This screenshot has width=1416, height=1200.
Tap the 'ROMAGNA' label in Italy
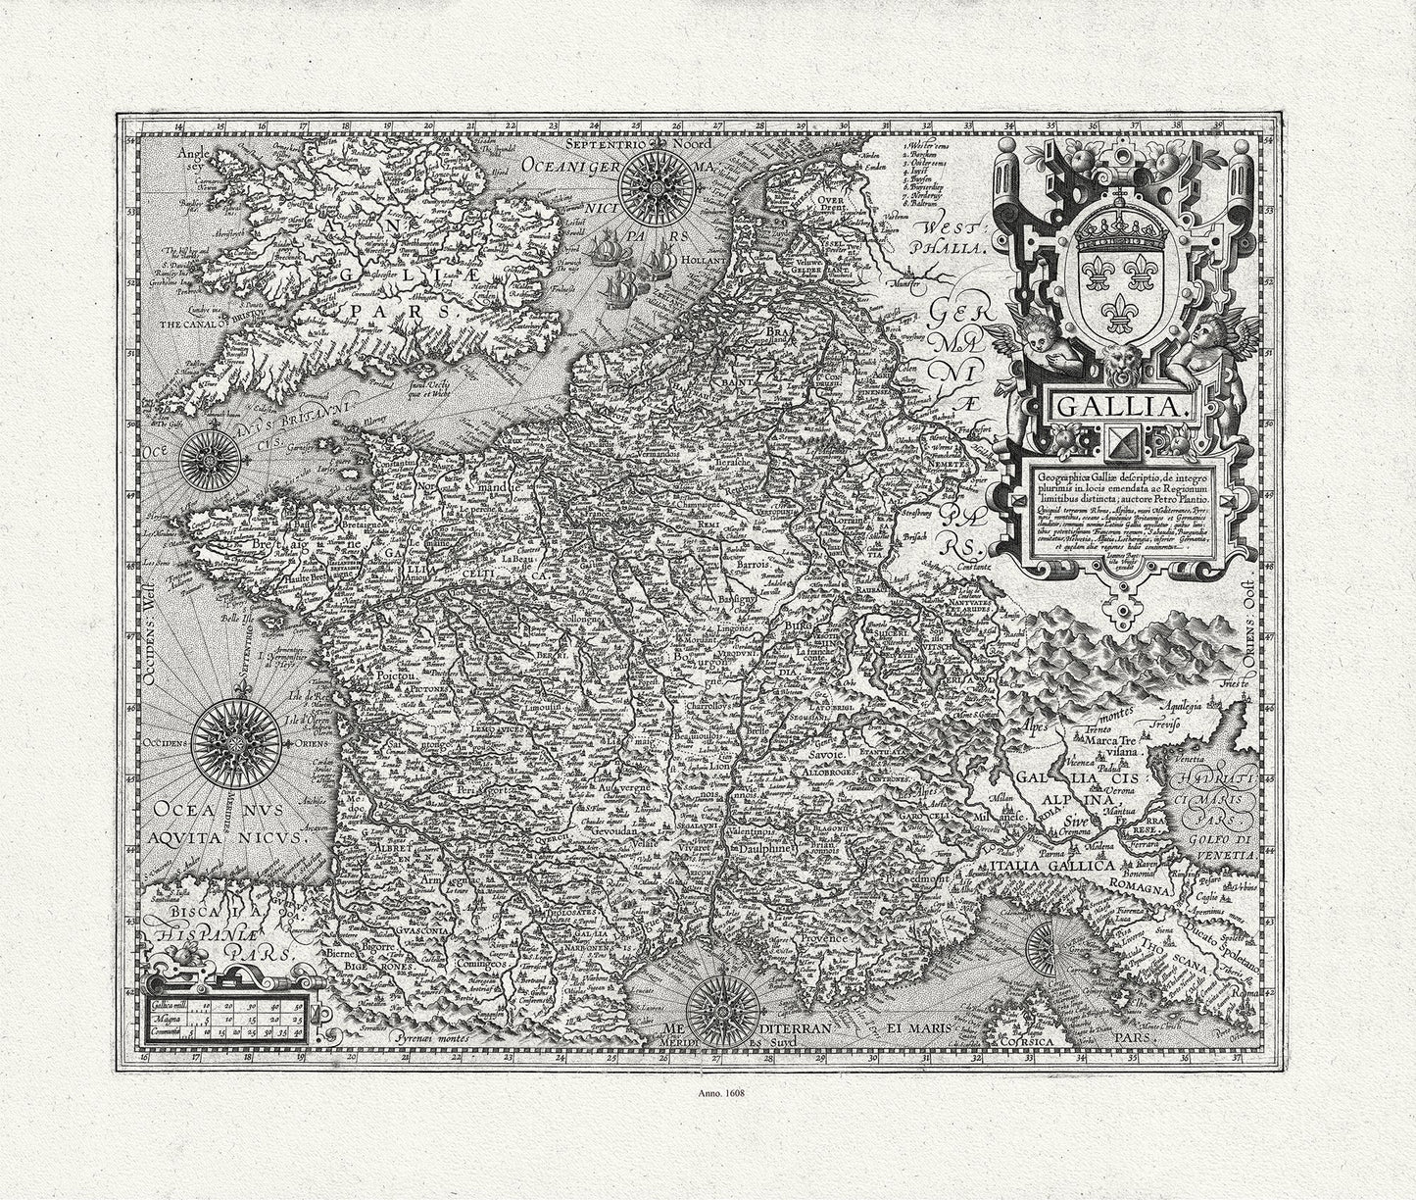[1140, 890]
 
